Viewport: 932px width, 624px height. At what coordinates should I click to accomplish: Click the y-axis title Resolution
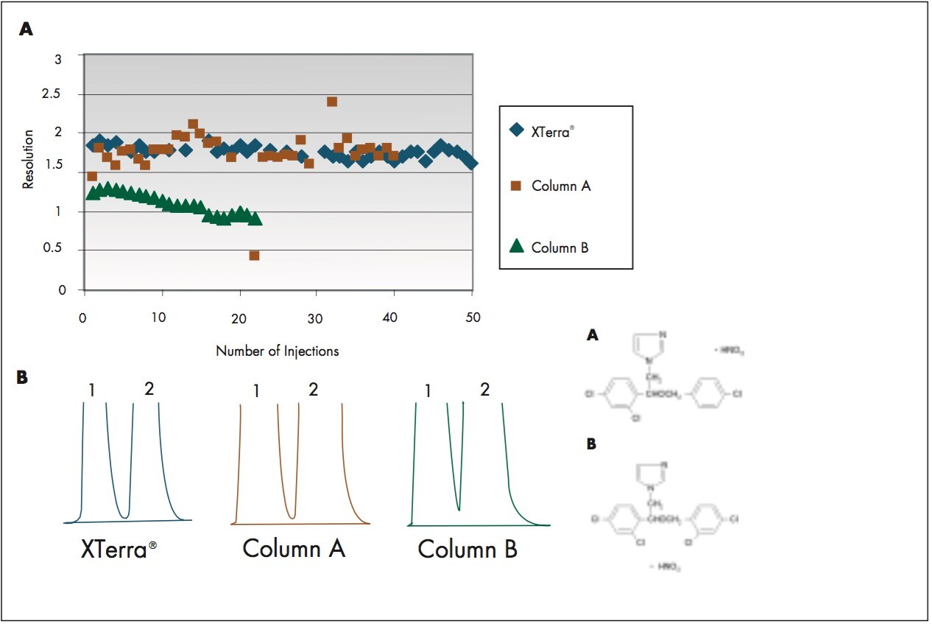coord(29,159)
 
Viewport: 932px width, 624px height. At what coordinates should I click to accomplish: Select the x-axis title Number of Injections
coord(277,351)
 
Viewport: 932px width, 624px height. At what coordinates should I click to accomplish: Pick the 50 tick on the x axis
coord(473,317)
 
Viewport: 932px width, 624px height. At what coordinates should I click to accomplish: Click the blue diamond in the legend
coord(517,130)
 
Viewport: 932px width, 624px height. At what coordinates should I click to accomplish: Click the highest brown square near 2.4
coord(332,102)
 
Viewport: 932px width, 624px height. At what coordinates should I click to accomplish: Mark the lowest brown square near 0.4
coord(254,256)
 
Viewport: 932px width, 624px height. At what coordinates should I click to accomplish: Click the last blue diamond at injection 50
coord(471,163)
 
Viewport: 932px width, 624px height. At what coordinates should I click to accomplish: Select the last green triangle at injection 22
coord(255,219)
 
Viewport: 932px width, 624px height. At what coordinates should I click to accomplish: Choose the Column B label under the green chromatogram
coord(467,549)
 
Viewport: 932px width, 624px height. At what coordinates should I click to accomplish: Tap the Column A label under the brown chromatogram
coord(294,549)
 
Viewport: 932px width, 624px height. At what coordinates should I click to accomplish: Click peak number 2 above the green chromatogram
coord(484,390)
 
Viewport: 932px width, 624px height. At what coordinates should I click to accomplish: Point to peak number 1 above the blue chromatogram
coord(91,390)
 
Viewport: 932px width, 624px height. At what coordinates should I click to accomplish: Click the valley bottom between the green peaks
coord(459,509)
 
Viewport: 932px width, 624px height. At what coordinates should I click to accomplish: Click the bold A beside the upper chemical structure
coord(592,335)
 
